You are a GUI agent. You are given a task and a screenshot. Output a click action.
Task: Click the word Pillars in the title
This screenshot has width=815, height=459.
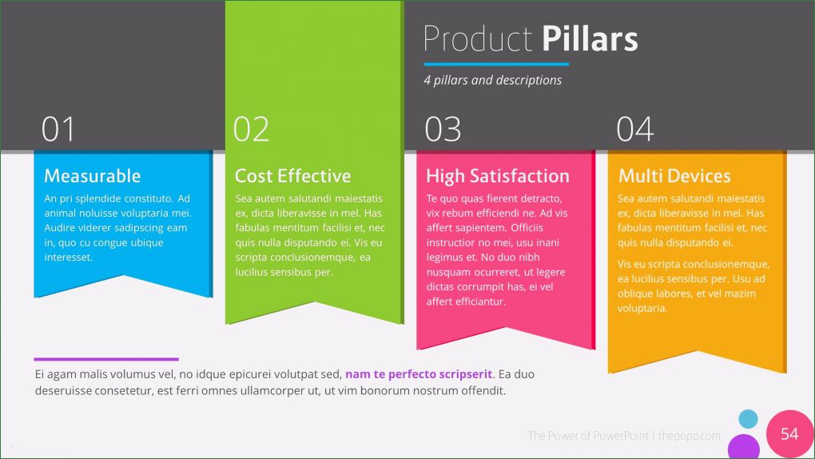(x=590, y=39)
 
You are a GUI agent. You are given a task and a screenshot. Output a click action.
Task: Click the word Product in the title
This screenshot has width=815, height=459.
(x=477, y=39)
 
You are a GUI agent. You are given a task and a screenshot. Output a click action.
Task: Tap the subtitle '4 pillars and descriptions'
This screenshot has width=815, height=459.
(x=492, y=80)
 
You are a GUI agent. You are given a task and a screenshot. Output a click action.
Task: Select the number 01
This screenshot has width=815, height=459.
(x=58, y=130)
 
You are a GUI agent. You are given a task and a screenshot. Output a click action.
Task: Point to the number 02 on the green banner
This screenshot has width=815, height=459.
(x=251, y=130)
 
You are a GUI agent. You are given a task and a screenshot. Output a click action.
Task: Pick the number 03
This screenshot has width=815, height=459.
(x=443, y=130)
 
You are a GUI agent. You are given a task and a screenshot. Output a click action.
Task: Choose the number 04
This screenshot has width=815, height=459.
(x=635, y=130)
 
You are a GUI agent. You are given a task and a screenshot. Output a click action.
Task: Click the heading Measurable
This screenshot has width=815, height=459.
(x=92, y=176)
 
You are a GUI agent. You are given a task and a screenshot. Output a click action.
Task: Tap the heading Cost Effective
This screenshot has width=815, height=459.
(x=292, y=176)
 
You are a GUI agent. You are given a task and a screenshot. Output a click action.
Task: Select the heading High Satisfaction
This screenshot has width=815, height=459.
(x=497, y=176)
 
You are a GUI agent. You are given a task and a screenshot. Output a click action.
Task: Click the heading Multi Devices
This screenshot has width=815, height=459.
(x=674, y=176)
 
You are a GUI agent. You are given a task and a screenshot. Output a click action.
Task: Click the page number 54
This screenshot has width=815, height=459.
(x=789, y=433)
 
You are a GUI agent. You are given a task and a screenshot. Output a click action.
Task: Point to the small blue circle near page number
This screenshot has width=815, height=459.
(x=748, y=418)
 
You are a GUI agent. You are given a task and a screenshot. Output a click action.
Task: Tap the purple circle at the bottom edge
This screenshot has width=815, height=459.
(x=744, y=448)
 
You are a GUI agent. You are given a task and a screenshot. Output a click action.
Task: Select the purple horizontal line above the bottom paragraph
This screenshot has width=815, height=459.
(x=106, y=359)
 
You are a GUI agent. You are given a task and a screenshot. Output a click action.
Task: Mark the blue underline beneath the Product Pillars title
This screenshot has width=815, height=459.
(x=496, y=63)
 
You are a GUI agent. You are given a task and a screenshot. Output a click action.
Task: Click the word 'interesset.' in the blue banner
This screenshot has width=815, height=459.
(x=69, y=257)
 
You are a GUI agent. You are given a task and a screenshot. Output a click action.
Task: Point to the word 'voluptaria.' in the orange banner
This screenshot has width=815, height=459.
(x=642, y=308)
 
